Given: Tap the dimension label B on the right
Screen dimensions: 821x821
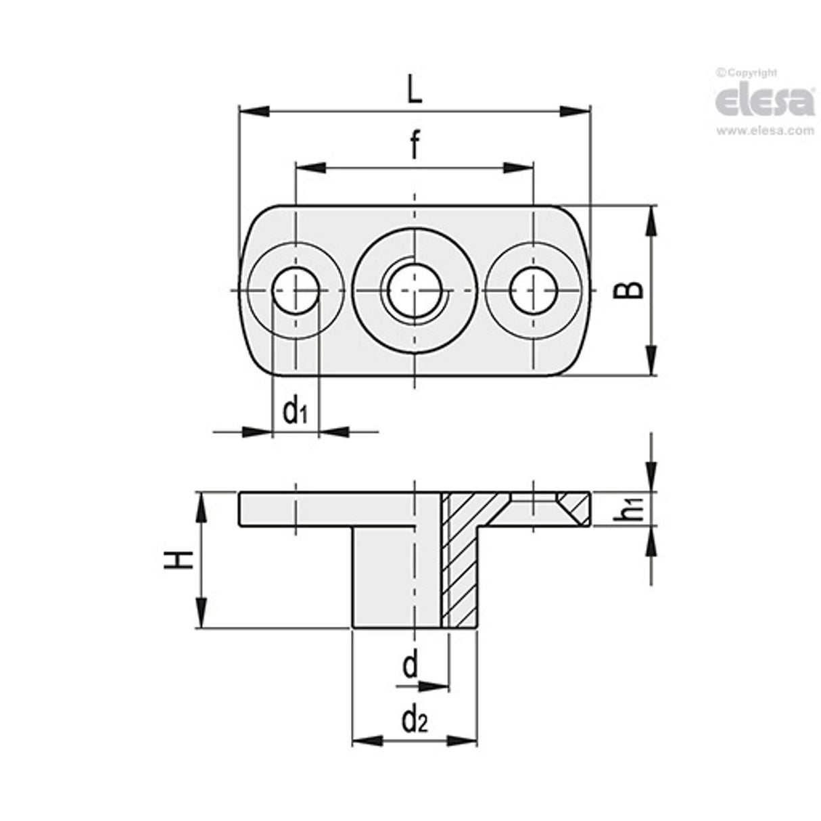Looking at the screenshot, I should coord(629,290).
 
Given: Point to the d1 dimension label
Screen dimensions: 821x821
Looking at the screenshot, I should coord(295,410).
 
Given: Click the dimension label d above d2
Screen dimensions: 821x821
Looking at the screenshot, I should coord(410,665).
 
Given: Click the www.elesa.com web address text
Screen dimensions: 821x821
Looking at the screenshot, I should coord(765,131).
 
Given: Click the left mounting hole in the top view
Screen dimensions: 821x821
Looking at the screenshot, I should coord(295,290).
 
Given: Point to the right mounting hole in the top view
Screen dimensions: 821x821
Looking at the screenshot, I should coord(534,290).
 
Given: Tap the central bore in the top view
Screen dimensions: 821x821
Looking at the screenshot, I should coord(414,290).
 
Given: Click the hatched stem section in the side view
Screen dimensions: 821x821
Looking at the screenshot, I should coord(460,568).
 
